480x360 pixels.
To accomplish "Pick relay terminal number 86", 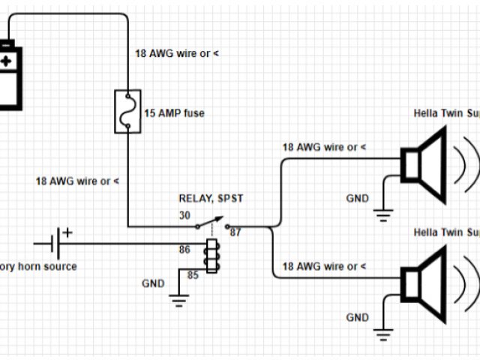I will click(x=184, y=248).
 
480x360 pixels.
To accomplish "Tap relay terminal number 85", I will click(x=193, y=274).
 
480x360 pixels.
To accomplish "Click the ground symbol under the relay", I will click(x=178, y=301).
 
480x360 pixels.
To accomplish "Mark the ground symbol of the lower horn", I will click(x=383, y=335).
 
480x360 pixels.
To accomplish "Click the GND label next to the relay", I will click(x=154, y=283).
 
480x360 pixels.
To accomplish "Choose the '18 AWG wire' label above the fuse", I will click(x=178, y=53).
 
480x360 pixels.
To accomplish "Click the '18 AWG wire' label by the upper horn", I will click(x=324, y=147).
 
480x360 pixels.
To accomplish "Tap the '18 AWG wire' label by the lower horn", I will click(x=324, y=266).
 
